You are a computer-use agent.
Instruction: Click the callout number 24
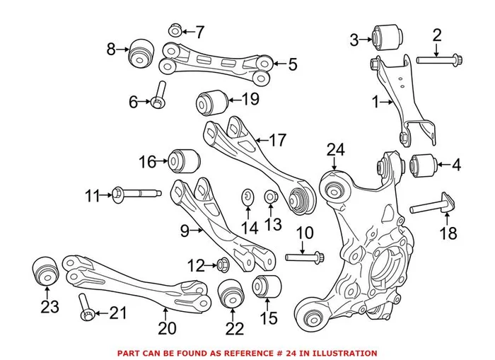tap(334, 149)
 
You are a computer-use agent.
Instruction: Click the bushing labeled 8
tap(141, 52)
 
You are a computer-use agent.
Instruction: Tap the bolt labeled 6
tap(159, 96)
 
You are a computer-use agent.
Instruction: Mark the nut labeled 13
tap(270, 196)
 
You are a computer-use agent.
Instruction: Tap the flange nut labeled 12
tap(221, 265)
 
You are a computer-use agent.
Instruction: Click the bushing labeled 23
tap(45, 271)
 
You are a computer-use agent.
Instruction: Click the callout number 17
tap(277, 140)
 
